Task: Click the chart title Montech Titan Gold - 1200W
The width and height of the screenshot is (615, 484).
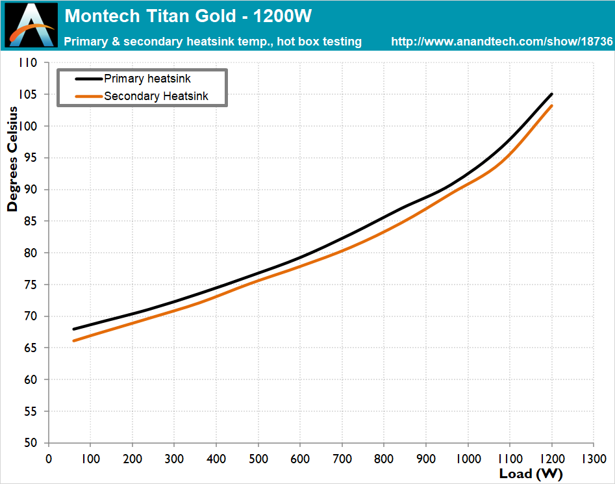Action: coord(188,16)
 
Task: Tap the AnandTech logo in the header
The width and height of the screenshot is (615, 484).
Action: coord(31,25)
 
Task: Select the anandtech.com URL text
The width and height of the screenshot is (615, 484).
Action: coord(501,42)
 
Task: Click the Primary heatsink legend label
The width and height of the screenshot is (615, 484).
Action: coord(147,79)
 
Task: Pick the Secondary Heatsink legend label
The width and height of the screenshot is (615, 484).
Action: coord(156,96)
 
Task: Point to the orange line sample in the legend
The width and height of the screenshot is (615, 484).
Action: coord(88,96)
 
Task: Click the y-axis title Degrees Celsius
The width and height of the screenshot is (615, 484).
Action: coord(12,159)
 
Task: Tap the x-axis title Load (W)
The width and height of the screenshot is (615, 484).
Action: coord(531,474)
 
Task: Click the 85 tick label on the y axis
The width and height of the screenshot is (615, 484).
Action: coord(31,222)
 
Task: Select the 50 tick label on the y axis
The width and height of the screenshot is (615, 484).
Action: coord(31,443)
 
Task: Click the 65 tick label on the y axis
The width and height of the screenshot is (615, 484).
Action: coord(31,348)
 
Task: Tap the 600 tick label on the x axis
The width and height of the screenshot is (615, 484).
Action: coord(300,459)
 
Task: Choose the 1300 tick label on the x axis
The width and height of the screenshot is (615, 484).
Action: coord(594,459)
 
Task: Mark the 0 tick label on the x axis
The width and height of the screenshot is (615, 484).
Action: coord(49,459)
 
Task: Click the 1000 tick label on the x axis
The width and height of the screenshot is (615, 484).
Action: coord(468,459)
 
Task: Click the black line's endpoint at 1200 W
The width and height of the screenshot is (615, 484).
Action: coord(552,94)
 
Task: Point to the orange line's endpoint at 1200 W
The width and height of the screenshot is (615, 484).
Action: coord(552,105)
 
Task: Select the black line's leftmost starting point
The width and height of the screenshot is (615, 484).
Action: coord(74,329)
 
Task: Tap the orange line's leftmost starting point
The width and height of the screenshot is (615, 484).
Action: coord(74,341)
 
